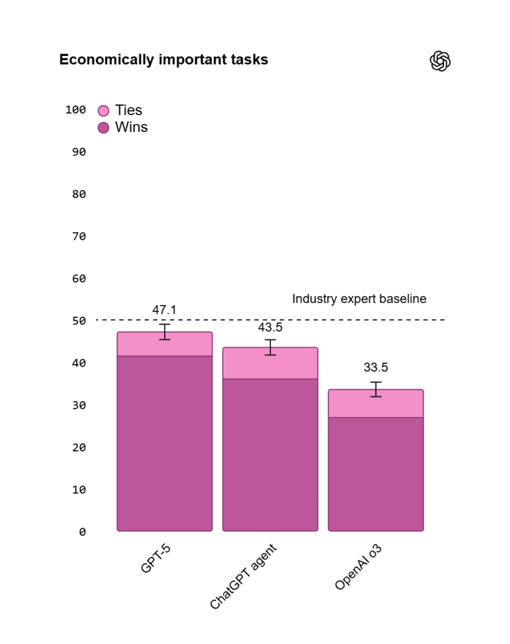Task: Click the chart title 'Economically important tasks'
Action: click(x=164, y=60)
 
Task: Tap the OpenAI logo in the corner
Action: click(x=440, y=61)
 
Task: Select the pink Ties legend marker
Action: click(x=104, y=111)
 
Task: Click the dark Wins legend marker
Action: click(x=104, y=128)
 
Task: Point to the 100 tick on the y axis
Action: click(x=75, y=110)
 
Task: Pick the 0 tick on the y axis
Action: click(x=82, y=532)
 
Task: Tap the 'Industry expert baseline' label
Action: click(x=359, y=299)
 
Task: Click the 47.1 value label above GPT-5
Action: click(x=164, y=310)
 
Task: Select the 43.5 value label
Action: click(x=270, y=328)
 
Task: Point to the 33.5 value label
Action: click(x=375, y=368)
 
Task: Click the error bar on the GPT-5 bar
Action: click(x=164, y=331)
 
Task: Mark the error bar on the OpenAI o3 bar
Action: click(x=375, y=389)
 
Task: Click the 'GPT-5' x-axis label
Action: click(x=156, y=558)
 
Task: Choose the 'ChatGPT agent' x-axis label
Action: click(x=243, y=577)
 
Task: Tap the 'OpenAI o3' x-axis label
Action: click(x=358, y=567)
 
